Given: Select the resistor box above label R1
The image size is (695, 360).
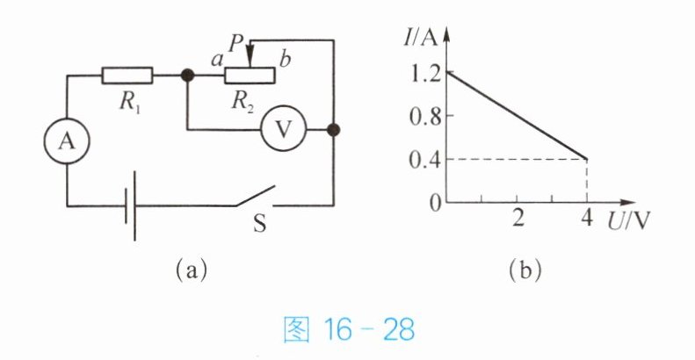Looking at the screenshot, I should click(127, 76).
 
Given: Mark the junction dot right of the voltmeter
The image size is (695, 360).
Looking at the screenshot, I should click(333, 131).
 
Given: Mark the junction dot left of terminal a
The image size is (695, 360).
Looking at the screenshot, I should click(186, 76).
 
